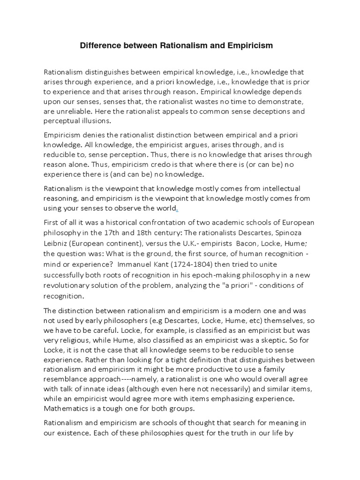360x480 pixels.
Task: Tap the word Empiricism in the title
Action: (x=249, y=46)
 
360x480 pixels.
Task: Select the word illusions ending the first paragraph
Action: (x=94, y=120)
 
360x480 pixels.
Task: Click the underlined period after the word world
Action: (x=177, y=208)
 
